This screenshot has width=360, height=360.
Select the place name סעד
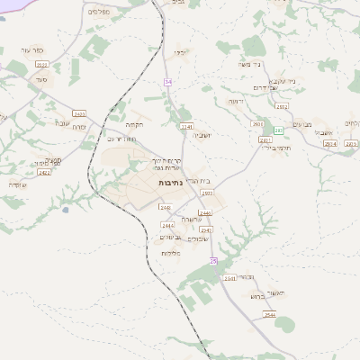[x=41, y=79]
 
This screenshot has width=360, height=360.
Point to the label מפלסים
[x=98, y=12]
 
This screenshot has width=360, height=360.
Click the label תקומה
[x=135, y=125]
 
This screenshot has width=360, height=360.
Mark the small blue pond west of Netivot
[x=65, y=211]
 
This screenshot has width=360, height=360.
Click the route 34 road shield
[x=167, y=83]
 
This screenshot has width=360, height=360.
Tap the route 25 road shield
[x=213, y=260]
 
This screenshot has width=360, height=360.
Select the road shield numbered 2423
[x=79, y=113]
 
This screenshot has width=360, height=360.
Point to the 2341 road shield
[x=187, y=127]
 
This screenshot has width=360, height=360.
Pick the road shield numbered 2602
[x=257, y=125]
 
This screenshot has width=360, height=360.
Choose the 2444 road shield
[x=166, y=224]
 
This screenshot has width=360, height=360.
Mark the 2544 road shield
[x=270, y=314]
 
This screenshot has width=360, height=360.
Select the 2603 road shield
[x=208, y=193]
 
